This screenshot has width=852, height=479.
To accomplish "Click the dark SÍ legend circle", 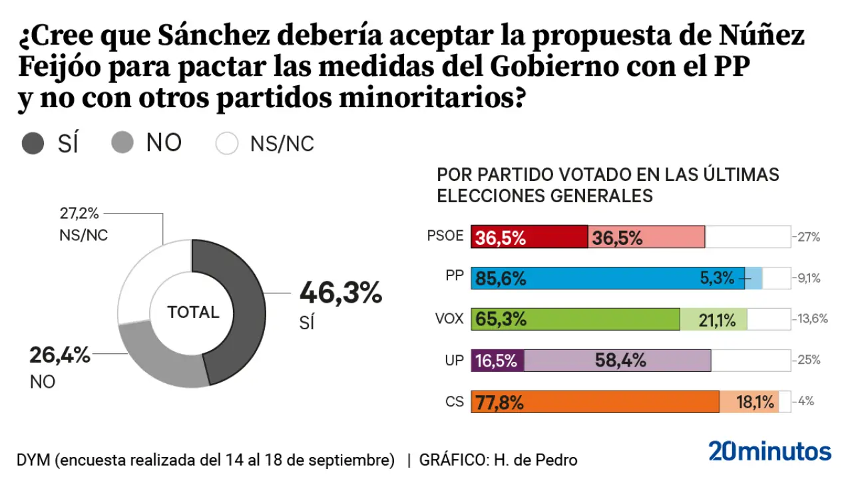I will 33,144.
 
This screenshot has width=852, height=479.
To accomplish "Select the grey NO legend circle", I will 122,142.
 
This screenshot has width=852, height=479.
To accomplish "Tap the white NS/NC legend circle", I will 227,144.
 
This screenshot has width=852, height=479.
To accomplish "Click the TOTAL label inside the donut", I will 193,312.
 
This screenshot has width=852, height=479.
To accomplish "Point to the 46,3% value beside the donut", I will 341,293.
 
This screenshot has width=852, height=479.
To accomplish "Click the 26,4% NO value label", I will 59,355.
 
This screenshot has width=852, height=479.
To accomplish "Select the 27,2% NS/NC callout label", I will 79,214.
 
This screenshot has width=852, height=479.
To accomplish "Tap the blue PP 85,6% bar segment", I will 607,278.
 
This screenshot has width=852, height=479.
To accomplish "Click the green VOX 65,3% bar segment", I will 576,319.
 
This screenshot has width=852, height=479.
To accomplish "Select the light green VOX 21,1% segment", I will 714,319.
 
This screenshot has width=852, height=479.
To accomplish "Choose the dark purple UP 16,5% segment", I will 498,361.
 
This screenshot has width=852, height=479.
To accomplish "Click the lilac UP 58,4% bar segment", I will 618,361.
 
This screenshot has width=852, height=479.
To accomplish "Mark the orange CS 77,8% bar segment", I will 595,402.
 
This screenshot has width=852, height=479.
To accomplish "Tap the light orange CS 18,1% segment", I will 749,402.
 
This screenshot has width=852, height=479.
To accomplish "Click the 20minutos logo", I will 769,451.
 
